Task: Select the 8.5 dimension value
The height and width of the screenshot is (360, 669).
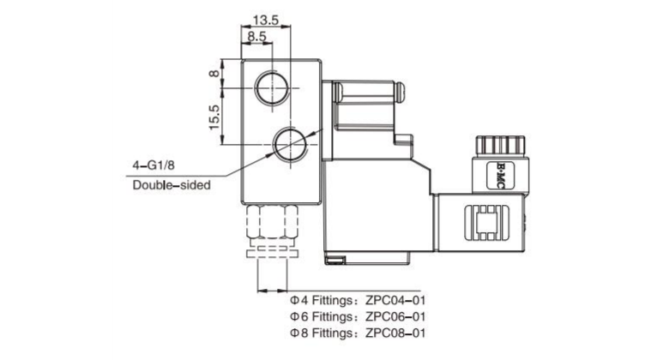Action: (256, 37)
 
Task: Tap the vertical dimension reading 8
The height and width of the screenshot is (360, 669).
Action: (215, 75)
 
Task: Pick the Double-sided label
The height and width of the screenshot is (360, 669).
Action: (172, 184)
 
